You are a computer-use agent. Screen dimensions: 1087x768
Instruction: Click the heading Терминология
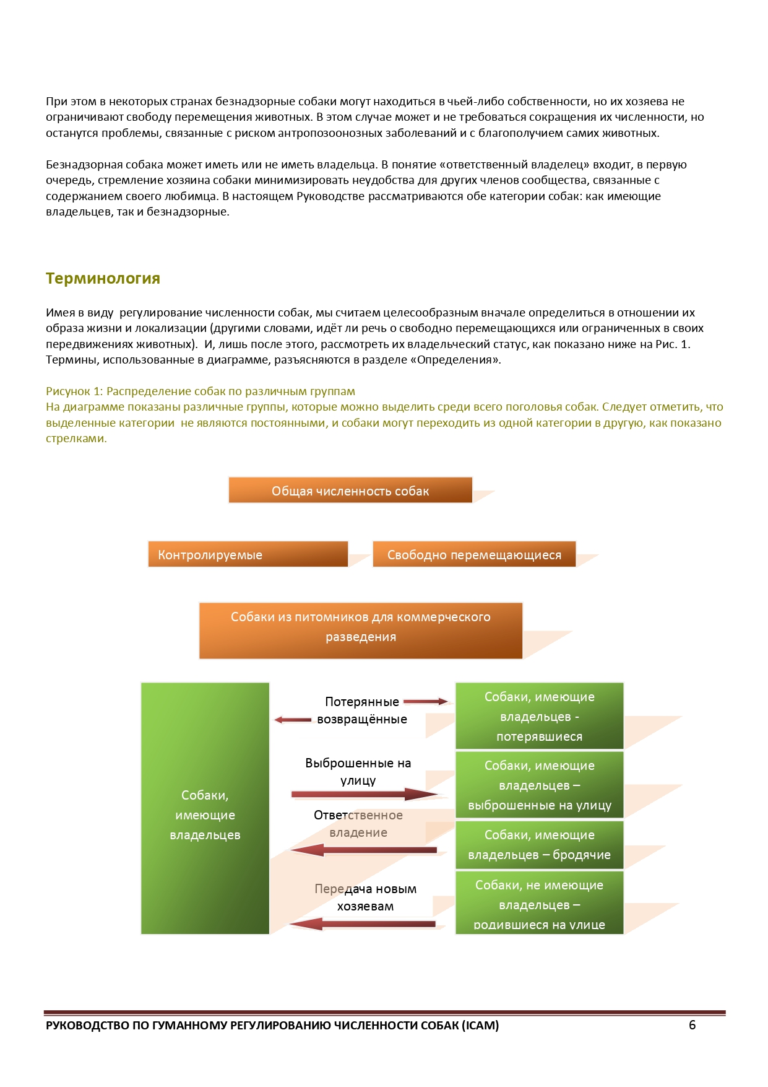(103, 279)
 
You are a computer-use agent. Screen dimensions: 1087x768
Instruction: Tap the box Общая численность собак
(350, 491)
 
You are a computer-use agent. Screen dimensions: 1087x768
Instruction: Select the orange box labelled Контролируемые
(248, 554)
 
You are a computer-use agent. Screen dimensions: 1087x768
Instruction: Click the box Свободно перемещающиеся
(474, 554)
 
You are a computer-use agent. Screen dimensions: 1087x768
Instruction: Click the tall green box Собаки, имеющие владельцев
(205, 808)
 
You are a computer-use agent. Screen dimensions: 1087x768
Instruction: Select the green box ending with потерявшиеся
(539, 716)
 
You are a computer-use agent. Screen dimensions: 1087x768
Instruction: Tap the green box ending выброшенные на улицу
(539, 785)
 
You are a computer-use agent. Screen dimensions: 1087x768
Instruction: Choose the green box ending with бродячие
(539, 845)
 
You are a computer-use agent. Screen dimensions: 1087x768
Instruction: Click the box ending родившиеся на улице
(539, 903)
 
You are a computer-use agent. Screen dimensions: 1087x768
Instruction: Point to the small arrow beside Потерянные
(426, 702)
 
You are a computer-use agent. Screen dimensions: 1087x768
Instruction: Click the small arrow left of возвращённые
(293, 720)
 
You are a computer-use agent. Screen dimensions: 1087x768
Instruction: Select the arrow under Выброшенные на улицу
(364, 794)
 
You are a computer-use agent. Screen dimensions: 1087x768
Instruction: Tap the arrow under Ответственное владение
(364, 850)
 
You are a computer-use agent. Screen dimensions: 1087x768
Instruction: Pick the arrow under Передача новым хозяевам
(364, 924)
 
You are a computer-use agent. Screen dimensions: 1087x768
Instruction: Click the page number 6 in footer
(692, 1025)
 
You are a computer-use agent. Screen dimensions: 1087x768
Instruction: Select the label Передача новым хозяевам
(365, 897)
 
